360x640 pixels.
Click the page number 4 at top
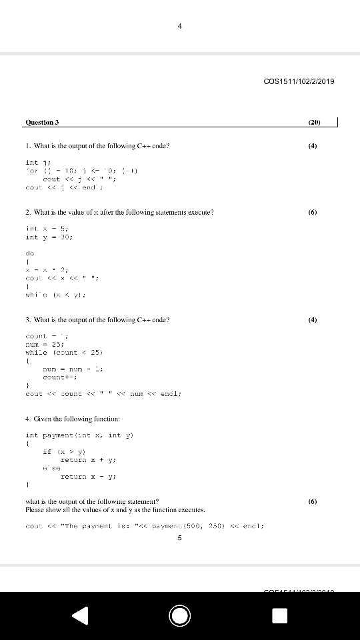(x=180, y=26)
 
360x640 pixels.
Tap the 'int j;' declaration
(x=34, y=162)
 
